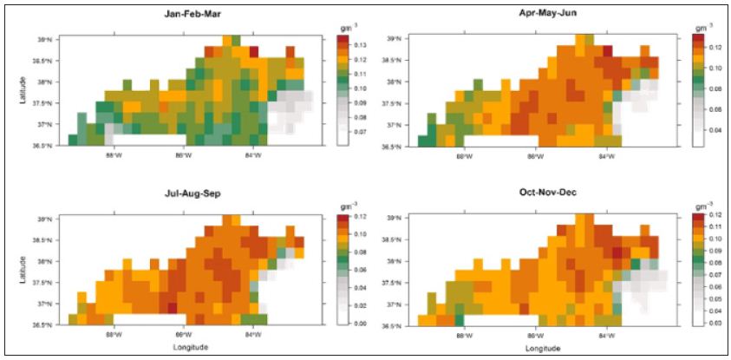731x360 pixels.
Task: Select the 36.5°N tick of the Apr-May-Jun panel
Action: [x=392, y=146]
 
